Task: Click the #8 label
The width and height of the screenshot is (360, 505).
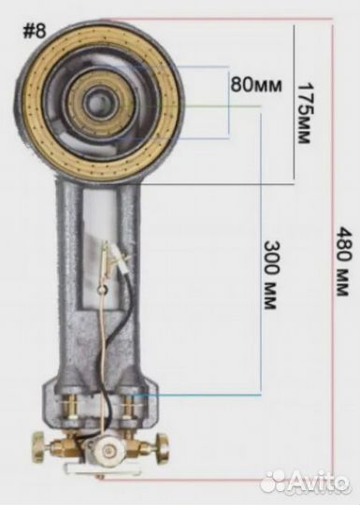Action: tap(35, 31)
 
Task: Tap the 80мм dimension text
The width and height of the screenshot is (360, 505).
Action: tap(255, 85)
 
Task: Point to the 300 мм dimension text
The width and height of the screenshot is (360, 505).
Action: tap(271, 275)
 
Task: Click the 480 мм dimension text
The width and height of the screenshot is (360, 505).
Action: tap(342, 262)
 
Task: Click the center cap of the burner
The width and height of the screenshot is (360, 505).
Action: tap(96, 104)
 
